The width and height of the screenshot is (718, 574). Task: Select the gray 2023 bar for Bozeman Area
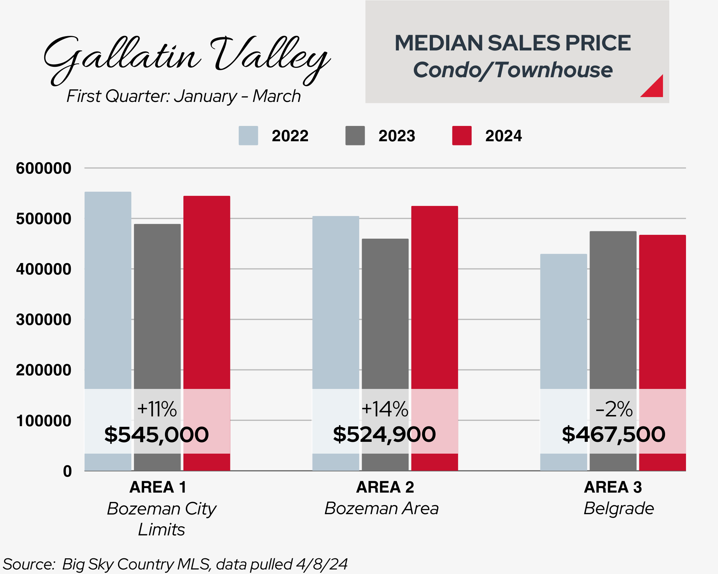(385, 313)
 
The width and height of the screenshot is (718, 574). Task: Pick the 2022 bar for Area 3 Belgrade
(563, 320)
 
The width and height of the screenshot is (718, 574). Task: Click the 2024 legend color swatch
(461, 136)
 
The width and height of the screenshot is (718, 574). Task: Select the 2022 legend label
(290, 136)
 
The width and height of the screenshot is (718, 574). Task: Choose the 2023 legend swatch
(355, 136)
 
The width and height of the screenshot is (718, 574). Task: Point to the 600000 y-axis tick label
(44, 168)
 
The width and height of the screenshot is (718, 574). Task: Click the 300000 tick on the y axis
(44, 320)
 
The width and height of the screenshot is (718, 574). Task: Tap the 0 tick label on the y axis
(68, 471)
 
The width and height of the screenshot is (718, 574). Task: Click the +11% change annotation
(157, 409)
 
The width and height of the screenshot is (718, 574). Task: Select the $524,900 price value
(384, 434)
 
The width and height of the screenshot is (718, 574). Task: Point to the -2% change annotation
(614, 409)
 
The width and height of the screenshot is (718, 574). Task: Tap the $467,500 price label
(613, 434)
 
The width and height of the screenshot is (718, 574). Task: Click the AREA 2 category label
(385, 487)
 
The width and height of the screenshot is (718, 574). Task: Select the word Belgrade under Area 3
(618, 509)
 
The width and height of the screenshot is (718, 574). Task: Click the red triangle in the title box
(655, 88)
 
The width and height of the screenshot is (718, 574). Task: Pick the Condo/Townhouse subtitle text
(513, 70)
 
